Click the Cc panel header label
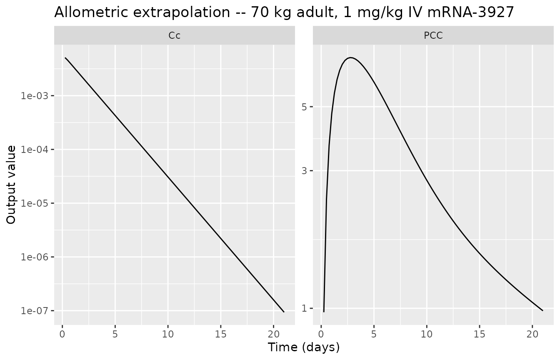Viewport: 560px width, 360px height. point(174,35)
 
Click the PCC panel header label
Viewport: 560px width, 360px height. point(433,35)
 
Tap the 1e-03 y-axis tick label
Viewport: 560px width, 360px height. point(35,96)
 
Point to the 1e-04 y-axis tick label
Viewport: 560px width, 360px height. point(35,150)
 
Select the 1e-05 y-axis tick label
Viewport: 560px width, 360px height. point(35,203)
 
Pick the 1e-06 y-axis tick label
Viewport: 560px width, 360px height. point(35,257)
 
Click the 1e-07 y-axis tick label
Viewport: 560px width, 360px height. point(35,311)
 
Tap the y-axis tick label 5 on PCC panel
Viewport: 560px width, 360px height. point(304,107)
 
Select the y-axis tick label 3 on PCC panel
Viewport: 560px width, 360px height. point(304,171)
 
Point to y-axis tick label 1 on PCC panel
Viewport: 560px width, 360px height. point(304,308)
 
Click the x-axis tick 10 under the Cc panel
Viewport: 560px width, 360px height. point(168,334)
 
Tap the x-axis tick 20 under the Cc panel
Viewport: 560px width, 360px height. point(273,334)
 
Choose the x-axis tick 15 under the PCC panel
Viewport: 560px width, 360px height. point(480,334)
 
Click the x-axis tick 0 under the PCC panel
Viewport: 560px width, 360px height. point(321,334)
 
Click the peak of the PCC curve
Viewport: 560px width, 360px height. point(351,58)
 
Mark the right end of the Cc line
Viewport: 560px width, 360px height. point(284,312)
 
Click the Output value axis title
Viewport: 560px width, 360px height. point(11,185)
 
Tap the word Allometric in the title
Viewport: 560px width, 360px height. point(92,12)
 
